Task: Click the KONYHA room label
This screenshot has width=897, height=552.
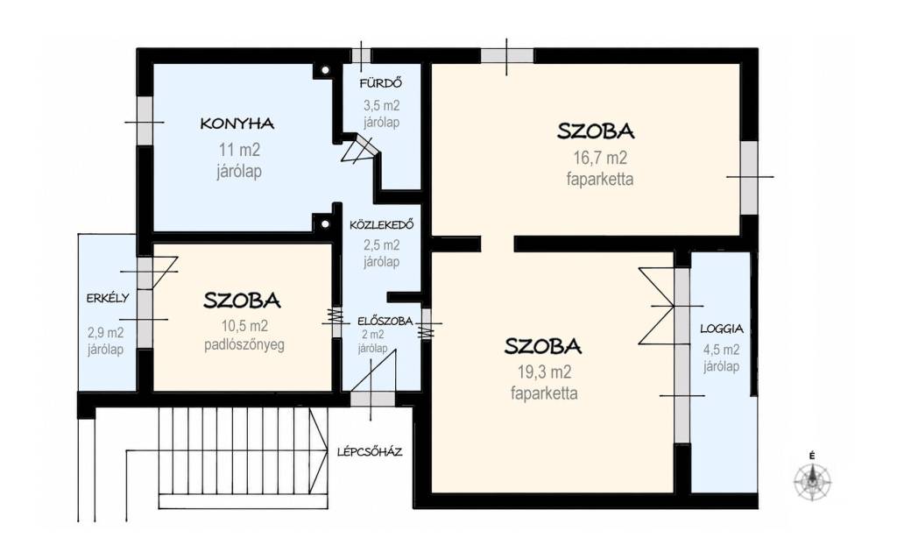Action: pyautogui.click(x=237, y=124)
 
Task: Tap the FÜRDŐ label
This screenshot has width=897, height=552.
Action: pyautogui.click(x=380, y=83)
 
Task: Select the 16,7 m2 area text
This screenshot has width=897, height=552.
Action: pyautogui.click(x=600, y=158)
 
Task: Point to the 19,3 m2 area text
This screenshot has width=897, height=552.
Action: pyautogui.click(x=544, y=372)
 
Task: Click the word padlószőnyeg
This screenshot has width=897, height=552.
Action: pyautogui.click(x=244, y=345)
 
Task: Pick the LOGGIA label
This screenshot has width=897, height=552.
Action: pyautogui.click(x=722, y=329)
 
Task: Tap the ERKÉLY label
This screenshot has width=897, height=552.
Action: pyautogui.click(x=108, y=298)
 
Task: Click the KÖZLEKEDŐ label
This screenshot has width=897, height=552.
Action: pyautogui.click(x=382, y=225)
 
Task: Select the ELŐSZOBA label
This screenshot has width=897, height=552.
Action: pyautogui.click(x=385, y=321)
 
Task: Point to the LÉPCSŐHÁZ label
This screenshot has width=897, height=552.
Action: pyautogui.click(x=370, y=452)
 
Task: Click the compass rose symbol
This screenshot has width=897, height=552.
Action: pyautogui.click(x=812, y=479)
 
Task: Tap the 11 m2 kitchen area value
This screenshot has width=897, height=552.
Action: pyautogui.click(x=239, y=150)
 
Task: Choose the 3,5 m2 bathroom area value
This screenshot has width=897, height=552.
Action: pyautogui.click(x=382, y=106)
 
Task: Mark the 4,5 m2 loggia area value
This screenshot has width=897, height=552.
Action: pyautogui.click(x=722, y=350)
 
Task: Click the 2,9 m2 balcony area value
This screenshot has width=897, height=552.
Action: pyautogui.click(x=105, y=332)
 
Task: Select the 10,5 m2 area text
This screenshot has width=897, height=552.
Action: pyautogui.click(x=244, y=326)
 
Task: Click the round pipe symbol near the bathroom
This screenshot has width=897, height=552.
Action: pyautogui.click(x=325, y=70)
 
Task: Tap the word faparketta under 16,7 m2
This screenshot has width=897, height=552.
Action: pyautogui.click(x=600, y=179)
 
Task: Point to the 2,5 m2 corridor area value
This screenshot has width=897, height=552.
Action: pyautogui.click(x=382, y=245)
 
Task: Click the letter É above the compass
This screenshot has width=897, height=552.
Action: pyautogui.click(x=812, y=456)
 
